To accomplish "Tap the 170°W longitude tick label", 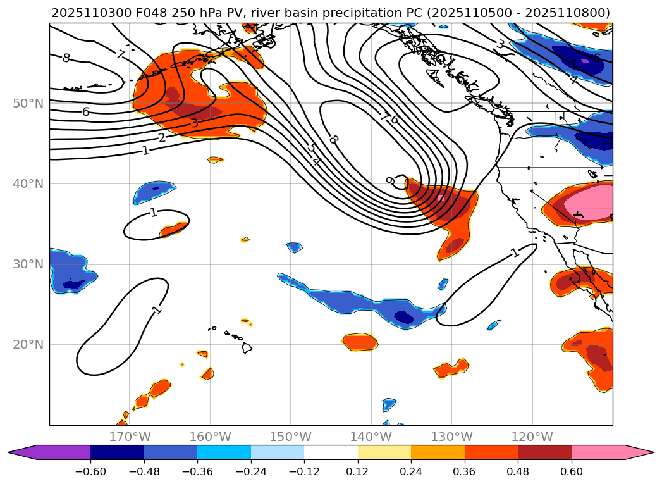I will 130,437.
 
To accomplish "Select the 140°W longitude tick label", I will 371,437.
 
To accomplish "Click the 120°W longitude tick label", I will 532,437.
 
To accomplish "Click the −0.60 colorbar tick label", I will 90,471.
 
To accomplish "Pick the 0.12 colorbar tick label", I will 357,471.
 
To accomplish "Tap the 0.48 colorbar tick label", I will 518,471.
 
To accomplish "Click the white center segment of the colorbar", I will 331,452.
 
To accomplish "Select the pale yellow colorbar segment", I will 384,452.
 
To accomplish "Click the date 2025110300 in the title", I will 85,13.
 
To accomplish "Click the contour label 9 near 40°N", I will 390,181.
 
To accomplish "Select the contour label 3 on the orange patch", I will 194,123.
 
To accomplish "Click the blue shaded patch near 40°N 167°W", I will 154,192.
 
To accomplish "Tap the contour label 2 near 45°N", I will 162,138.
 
